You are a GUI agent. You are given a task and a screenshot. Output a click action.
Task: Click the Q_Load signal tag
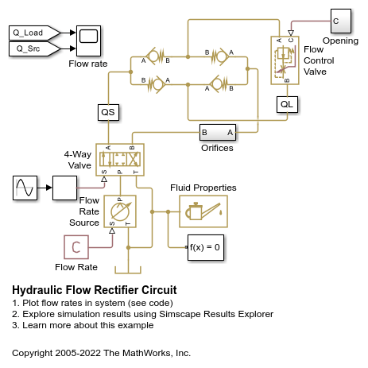point(34,33)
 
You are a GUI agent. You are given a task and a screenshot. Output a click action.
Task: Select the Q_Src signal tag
point(34,48)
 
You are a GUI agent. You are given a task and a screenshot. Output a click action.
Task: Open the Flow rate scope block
point(88,41)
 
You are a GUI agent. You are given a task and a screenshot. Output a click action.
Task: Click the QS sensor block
point(108,112)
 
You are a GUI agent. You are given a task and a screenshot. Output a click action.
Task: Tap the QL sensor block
point(287,104)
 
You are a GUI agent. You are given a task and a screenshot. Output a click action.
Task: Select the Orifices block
point(218,132)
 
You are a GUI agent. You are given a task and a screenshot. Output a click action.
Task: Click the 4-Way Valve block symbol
point(120,160)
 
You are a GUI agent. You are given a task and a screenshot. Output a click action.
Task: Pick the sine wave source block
point(25,188)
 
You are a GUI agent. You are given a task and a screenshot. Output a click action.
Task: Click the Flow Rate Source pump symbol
point(120,211)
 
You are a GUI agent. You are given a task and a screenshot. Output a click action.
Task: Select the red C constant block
point(76,247)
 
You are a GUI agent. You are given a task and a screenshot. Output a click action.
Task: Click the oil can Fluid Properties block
point(203,211)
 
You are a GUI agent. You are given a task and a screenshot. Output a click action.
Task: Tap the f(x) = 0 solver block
point(206,247)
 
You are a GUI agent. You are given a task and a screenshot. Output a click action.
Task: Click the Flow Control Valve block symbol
point(285,60)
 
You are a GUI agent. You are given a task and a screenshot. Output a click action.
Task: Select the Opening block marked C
point(341,21)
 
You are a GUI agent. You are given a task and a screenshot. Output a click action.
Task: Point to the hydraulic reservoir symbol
point(128,270)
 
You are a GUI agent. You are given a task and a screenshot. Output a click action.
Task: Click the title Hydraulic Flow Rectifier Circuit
point(95,290)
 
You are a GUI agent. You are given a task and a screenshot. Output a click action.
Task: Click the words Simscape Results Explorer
point(216,314)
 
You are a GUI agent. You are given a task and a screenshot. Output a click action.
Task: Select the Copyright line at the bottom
point(101,353)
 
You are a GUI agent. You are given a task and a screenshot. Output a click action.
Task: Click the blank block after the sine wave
point(64,188)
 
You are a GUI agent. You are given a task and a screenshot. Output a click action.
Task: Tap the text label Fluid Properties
point(203,188)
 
